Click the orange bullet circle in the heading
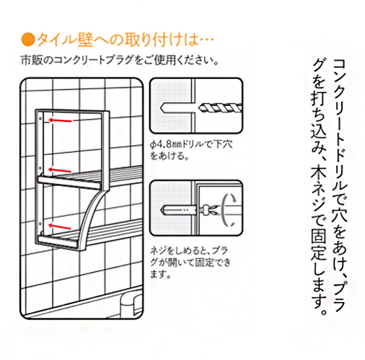click(x=28, y=40)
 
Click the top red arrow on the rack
click(x=60, y=120)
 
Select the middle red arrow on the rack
click(x=59, y=170)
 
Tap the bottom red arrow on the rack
click(x=59, y=226)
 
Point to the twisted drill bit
click(x=220, y=108)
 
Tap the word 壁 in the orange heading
click(x=85, y=40)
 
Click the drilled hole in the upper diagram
click(x=177, y=108)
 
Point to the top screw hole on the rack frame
click(x=40, y=118)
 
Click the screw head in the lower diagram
click(x=206, y=210)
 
